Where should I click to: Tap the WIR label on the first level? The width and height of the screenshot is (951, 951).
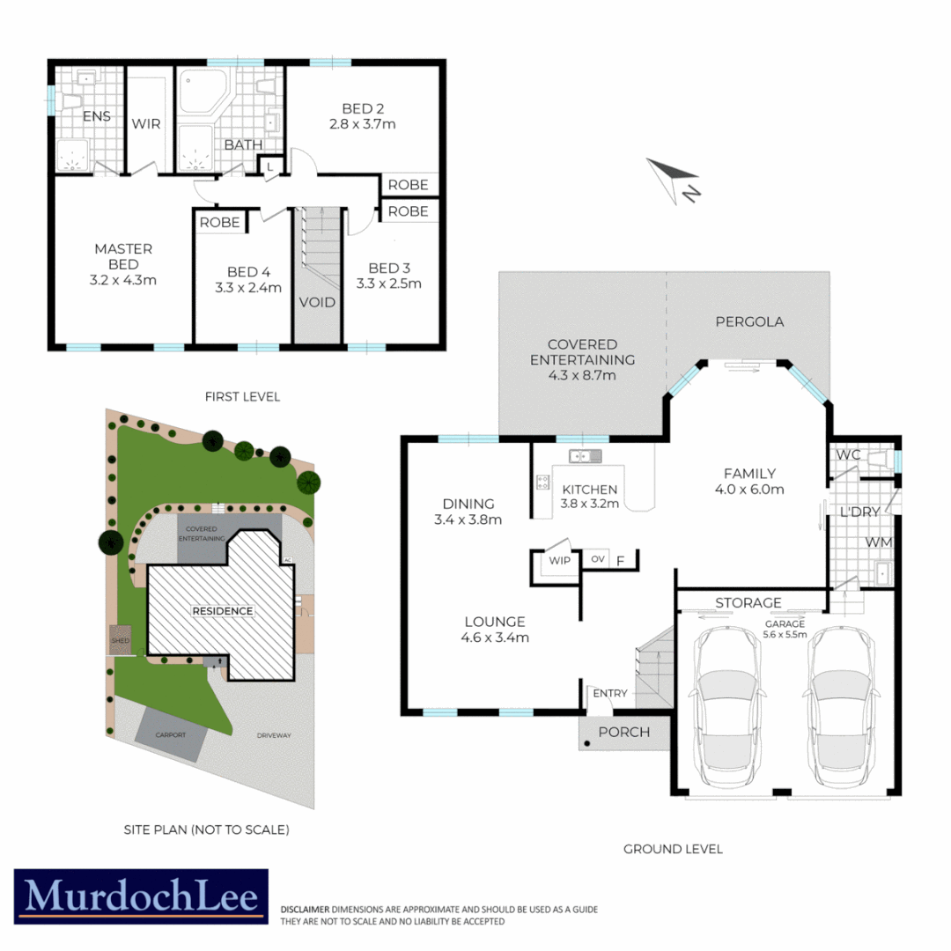(x=146, y=123)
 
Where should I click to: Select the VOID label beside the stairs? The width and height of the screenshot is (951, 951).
(x=317, y=302)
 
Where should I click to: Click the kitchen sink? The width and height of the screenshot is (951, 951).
(x=584, y=455)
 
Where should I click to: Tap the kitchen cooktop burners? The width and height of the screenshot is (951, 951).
(x=542, y=482)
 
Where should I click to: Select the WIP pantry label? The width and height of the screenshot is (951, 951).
(x=560, y=560)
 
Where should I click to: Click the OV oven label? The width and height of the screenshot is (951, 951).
(x=598, y=559)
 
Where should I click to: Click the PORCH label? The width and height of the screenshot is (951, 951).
(x=623, y=732)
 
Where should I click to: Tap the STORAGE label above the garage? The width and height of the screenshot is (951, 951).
(x=748, y=603)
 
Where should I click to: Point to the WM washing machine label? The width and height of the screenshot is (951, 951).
(x=879, y=542)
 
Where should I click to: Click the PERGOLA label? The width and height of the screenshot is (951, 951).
(x=748, y=321)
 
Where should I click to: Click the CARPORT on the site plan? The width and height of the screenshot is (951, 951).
(x=171, y=734)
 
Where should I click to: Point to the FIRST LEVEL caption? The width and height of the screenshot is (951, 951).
(x=242, y=397)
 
